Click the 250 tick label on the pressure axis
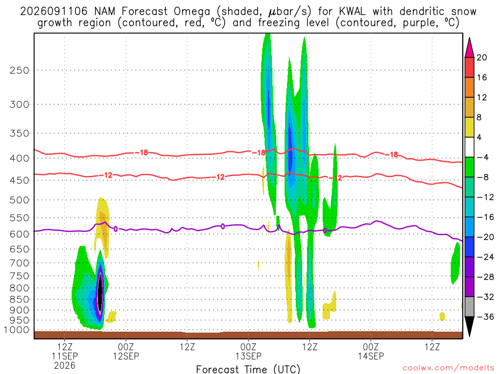pyautogui.click(x=19, y=70)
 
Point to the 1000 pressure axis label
pyautogui.click(x=17, y=330)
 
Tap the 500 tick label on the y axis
pyautogui.click(x=19, y=200)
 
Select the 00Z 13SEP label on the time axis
pyautogui.click(x=248, y=351)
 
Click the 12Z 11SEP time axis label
pyautogui.click(x=65, y=351)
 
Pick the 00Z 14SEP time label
pyautogui.click(x=371, y=351)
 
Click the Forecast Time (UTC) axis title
pyautogui.click(x=248, y=369)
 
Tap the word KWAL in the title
pyautogui.click(x=352, y=12)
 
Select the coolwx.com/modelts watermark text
pyautogui.click(x=448, y=368)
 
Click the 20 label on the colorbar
pyautogui.click(x=482, y=57)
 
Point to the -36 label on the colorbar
pyautogui.click(x=486, y=317)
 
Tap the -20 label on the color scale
pyautogui.click(x=486, y=237)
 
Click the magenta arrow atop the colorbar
pyautogui.click(x=469, y=47)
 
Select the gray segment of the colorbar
pyautogui.click(x=469, y=307)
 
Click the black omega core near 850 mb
pyautogui.click(x=100, y=291)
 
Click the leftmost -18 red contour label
pyautogui.click(x=142, y=152)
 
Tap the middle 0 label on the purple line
pyautogui.click(x=223, y=226)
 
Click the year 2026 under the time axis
pyautogui.click(x=65, y=365)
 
